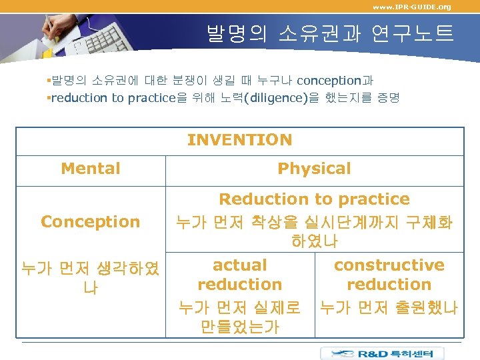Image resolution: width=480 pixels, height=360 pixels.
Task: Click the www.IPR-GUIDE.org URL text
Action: pos(411,7)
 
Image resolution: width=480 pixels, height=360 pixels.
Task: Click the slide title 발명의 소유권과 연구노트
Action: pos(329,33)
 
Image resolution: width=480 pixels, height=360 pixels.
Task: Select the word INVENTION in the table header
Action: pos(239,140)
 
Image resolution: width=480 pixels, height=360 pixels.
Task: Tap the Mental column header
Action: pos(91,169)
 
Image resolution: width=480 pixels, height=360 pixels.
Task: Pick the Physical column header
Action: pos(314,169)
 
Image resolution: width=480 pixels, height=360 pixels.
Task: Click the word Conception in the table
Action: pos(91,221)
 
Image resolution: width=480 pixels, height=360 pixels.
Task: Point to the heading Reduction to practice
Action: pos(314,199)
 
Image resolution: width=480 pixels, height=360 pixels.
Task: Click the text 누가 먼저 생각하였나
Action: pos(90,278)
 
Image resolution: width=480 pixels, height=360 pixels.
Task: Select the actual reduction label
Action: pos(239,275)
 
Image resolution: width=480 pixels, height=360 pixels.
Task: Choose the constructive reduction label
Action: pos(389,275)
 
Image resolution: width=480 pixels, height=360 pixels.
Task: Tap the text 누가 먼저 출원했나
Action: pos(389,308)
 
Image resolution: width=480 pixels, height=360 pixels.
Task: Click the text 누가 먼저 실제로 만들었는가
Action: pos(239,317)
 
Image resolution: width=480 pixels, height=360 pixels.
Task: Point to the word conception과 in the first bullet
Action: pos(335,81)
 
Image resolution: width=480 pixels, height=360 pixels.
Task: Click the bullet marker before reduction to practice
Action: pos(49,98)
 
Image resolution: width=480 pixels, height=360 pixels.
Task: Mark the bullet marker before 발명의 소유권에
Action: pos(49,81)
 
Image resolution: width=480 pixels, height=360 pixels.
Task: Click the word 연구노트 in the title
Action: pos(418,33)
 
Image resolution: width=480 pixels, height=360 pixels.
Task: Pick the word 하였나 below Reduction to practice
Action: pos(314,240)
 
